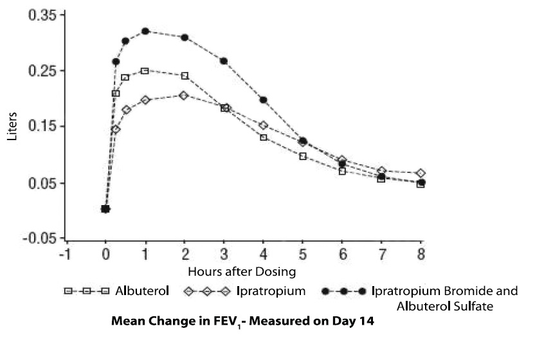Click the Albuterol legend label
142,291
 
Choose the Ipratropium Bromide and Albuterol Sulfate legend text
444,298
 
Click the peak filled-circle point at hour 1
145,31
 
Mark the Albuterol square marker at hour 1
145,71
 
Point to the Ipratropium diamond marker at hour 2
185,95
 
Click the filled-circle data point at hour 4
263,100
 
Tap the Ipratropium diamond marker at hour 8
421,174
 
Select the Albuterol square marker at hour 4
263,137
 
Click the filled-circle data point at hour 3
224,61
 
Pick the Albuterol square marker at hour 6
342,171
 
